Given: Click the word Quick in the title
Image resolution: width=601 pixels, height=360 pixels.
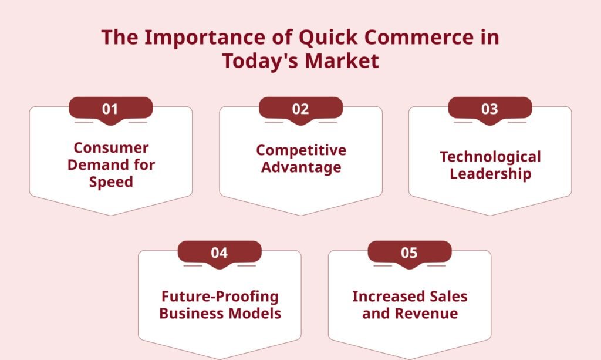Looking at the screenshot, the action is click(328, 38).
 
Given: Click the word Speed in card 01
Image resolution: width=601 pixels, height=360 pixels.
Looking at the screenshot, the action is click(111, 182).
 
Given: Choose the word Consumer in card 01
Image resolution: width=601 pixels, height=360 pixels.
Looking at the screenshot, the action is click(111, 147).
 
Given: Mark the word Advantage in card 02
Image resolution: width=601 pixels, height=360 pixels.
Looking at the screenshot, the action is click(301, 168).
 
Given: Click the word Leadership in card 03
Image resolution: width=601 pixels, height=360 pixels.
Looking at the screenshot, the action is click(490, 174).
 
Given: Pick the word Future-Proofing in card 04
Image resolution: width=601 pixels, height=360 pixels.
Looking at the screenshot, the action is click(220, 297).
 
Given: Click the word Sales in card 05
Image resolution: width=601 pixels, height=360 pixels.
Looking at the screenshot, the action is click(448, 297).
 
